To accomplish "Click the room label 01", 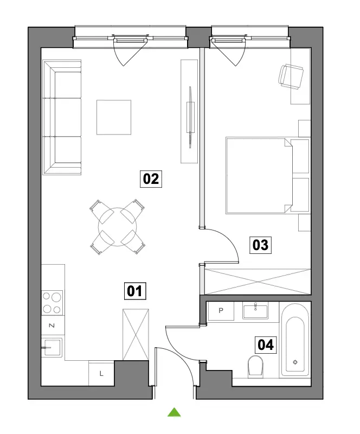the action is pyautogui.click(x=135, y=291).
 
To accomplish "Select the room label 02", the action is pyautogui.click(x=151, y=179).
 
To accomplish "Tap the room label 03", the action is pyautogui.click(x=260, y=245).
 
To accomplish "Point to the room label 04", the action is pyautogui.click(x=266, y=345).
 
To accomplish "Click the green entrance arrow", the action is pyautogui.click(x=174, y=412).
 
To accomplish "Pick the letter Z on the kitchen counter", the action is pyautogui.click(x=52, y=325).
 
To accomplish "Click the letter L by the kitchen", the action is pyautogui.click(x=101, y=374).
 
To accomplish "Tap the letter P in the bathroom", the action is pyautogui.click(x=221, y=310).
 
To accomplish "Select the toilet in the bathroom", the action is pyautogui.click(x=255, y=367).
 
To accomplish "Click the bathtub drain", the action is pyautogui.click(x=295, y=362).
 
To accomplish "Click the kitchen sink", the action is pyautogui.click(x=52, y=347).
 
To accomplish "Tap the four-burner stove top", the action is pyautogui.click(x=52, y=303).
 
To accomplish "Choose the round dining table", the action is pyautogui.click(x=117, y=227).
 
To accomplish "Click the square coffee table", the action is pyautogui.click(x=114, y=117).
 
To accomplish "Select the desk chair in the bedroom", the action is pyautogui.click(x=291, y=76).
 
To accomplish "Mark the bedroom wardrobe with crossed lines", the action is pyautogui.click(x=258, y=282).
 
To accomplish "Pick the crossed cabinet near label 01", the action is pyautogui.click(x=136, y=334).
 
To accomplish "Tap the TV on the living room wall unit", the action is pyautogui.click(x=190, y=117).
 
